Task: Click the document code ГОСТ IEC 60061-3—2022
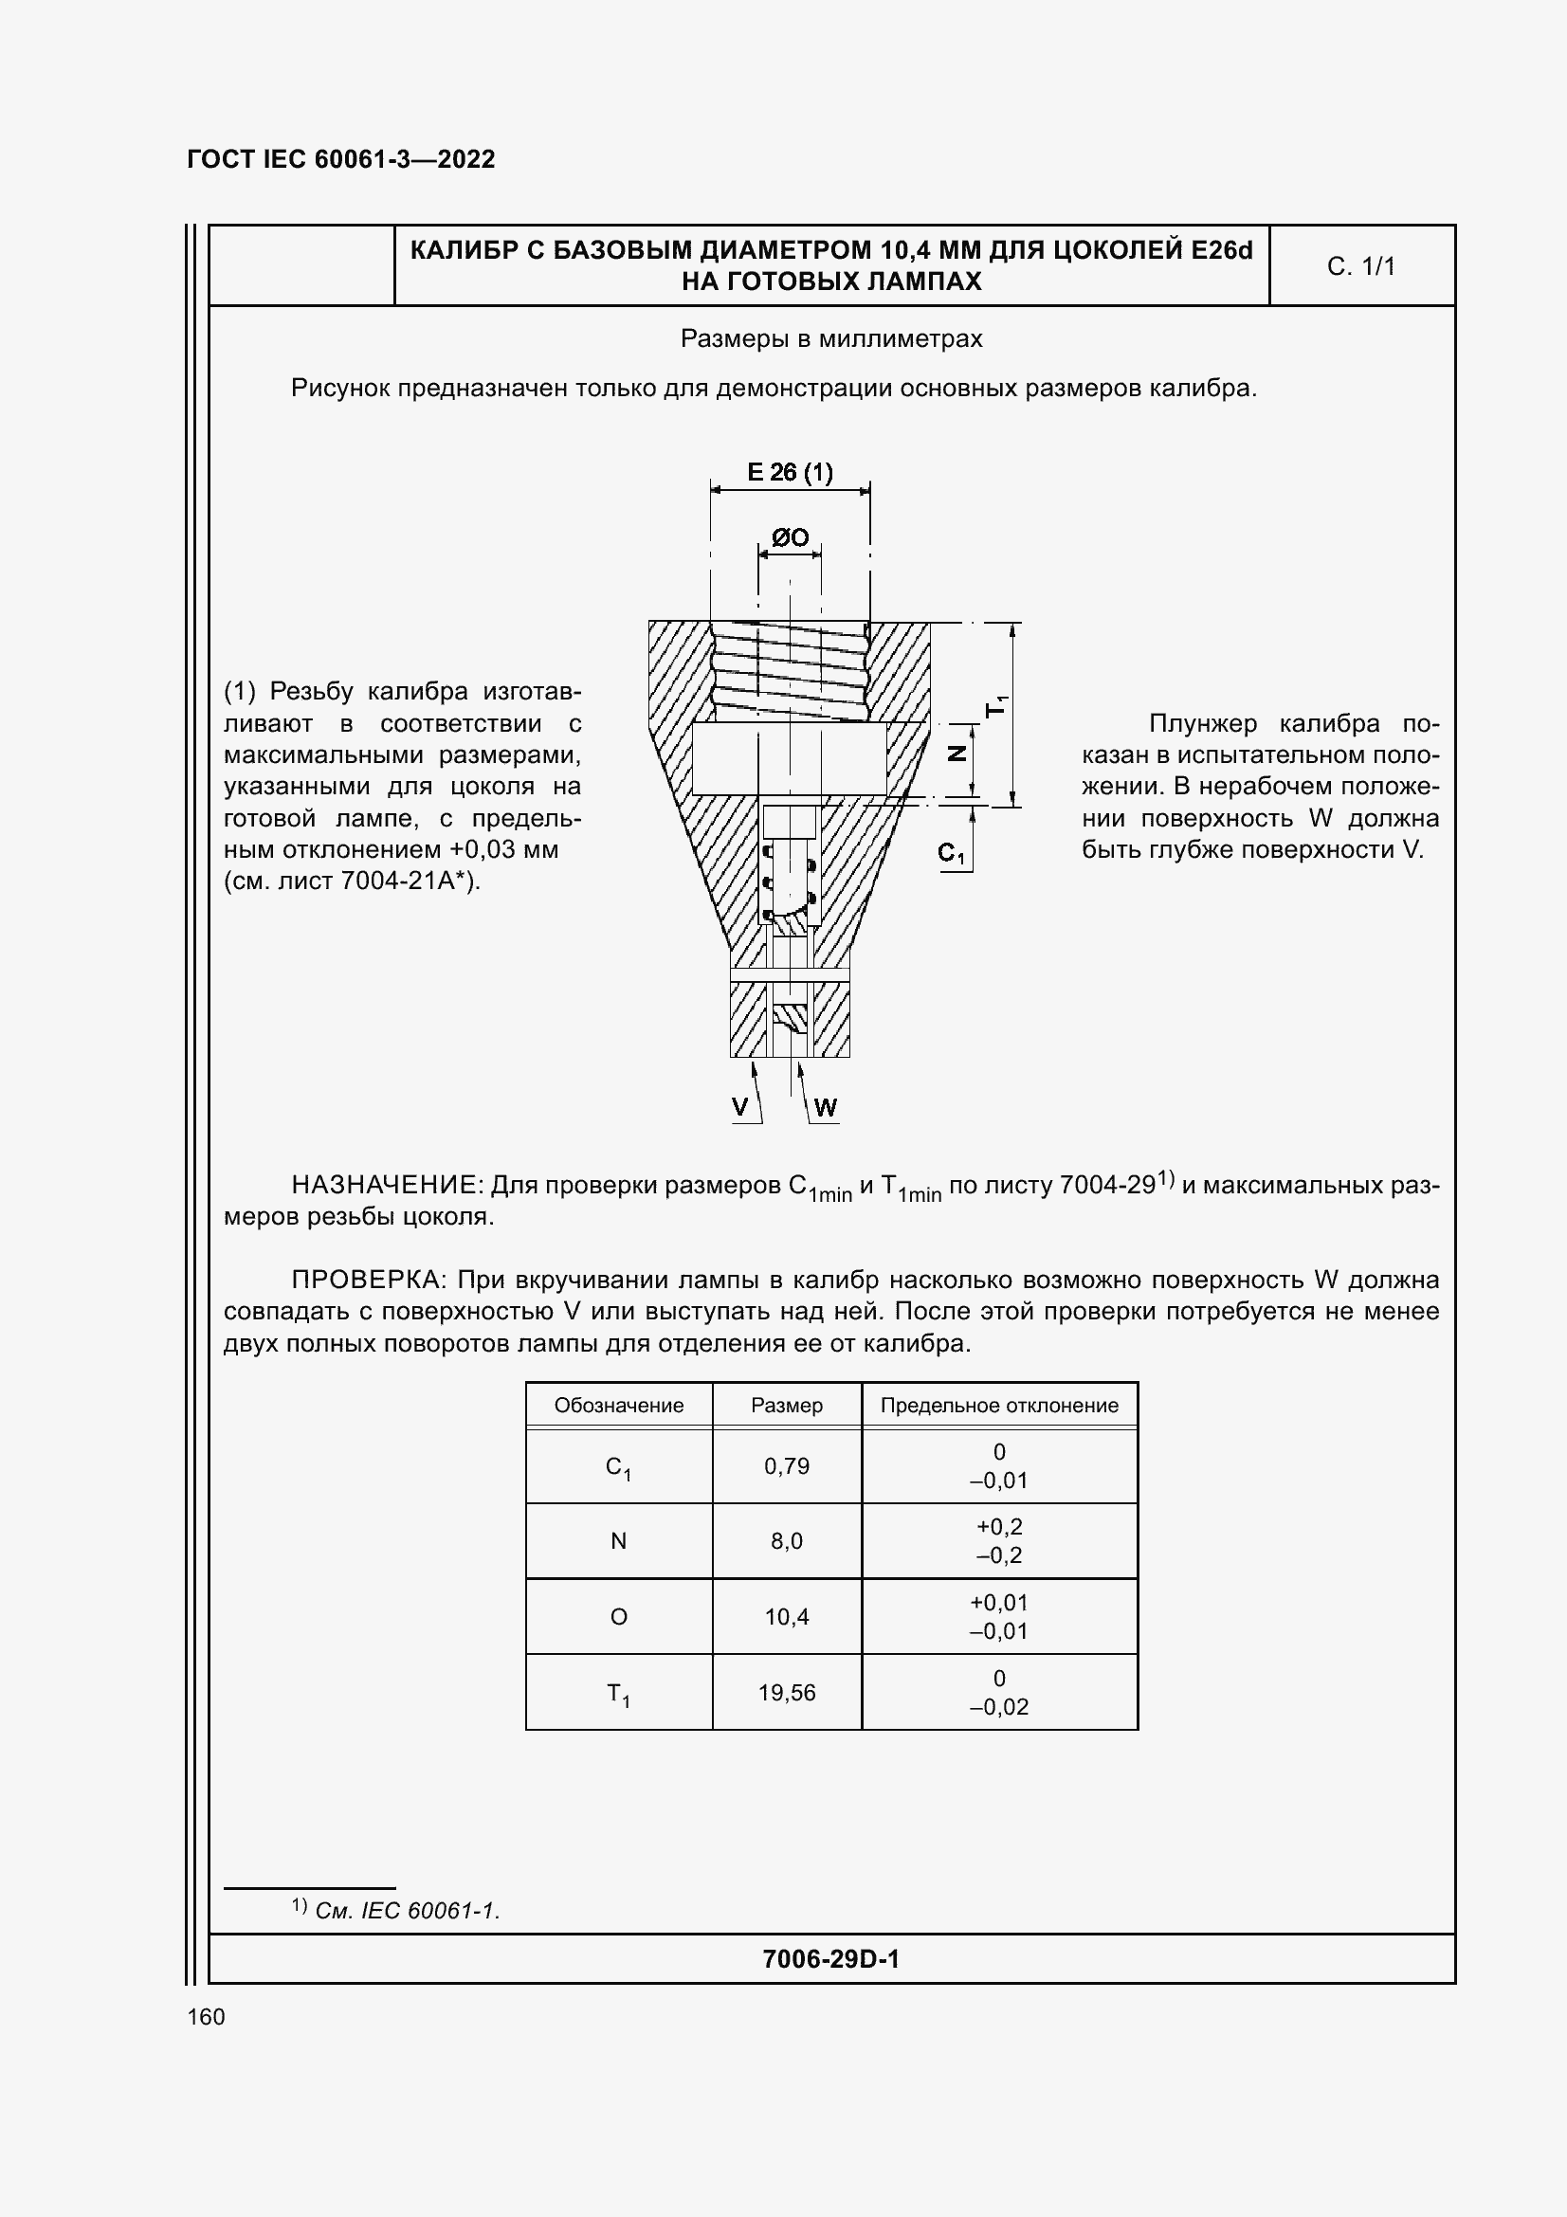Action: pos(340,159)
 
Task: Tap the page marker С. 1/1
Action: pos(1360,266)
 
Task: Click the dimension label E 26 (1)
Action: pos(789,472)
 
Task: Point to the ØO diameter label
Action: pos(789,537)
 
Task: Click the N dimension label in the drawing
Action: pos(957,754)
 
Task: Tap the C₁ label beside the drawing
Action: pos(951,853)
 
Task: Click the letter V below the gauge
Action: pos(739,1106)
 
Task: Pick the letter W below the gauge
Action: pos(825,1107)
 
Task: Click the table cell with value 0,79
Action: pos(786,1465)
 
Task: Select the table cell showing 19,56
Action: pos(786,1692)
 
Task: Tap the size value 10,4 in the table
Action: pos(786,1616)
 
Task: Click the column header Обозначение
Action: pos(618,1405)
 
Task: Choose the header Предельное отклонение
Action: pos(998,1405)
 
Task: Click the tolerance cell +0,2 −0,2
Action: pos(998,1540)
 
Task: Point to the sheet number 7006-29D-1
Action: pos(830,1958)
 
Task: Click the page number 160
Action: pos(206,2016)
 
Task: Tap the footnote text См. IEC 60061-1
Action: pos(407,1910)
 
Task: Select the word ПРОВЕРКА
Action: pos(366,1280)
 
